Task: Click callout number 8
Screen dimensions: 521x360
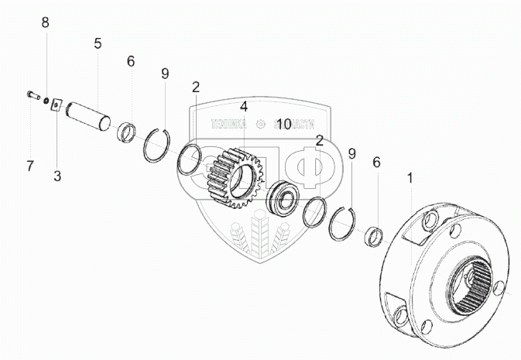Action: (x=45, y=22)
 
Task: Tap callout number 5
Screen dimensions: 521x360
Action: (x=98, y=44)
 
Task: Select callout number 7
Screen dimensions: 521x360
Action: (x=30, y=165)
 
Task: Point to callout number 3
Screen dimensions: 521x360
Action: (x=57, y=176)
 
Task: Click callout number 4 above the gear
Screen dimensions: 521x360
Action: (x=243, y=106)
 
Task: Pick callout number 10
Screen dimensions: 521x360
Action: (x=283, y=124)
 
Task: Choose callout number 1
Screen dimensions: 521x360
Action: (x=410, y=178)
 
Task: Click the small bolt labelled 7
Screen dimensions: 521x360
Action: (x=30, y=96)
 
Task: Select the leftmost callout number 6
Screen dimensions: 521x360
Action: (x=131, y=60)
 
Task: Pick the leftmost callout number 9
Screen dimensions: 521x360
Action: (x=164, y=74)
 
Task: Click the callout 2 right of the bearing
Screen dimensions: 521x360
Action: (x=319, y=140)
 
